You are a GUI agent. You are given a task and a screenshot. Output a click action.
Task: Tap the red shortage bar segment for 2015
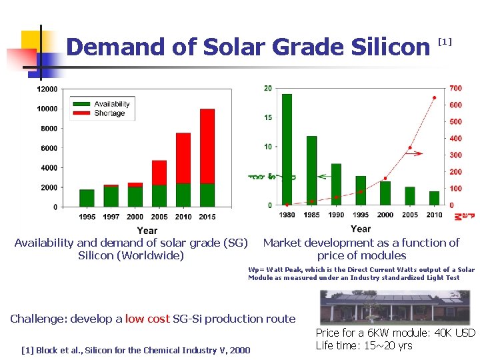(207, 146)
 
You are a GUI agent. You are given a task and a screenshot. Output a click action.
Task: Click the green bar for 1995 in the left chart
(87, 198)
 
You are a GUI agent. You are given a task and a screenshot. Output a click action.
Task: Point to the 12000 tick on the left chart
(47, 89)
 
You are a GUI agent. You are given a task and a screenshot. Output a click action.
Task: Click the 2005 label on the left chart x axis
(159, 217)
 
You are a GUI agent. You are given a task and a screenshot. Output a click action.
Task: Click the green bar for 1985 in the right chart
(311, 170)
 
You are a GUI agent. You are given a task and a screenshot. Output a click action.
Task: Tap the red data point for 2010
(435, 97)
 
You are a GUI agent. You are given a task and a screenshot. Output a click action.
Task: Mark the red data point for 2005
(410, 147)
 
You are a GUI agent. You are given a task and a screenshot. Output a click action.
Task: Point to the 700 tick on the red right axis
(455, 89)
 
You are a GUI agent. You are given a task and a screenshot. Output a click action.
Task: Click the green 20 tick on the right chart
(267, 89)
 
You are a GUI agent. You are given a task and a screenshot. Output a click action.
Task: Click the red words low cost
(147, 319)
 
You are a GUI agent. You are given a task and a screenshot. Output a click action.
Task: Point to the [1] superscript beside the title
(445, 41)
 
